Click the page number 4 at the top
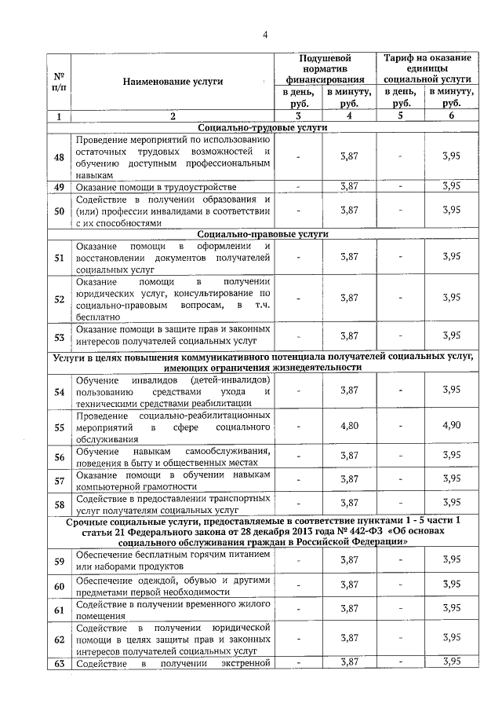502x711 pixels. (x=265, y=35)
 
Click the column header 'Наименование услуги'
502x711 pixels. (x=173, y=81)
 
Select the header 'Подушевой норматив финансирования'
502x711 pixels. (x=325, y=68)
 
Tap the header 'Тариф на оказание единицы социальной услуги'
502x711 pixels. (x=427, y=68)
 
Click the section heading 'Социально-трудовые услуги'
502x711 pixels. (x=263, y=127)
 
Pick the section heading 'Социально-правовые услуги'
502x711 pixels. (x=263, y=233)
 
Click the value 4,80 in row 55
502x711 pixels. (x=349, y=427)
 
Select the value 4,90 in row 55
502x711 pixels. (x=451, y=427)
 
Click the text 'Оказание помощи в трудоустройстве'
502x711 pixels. (x=156, y=187)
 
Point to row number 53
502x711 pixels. (x=59, y=336)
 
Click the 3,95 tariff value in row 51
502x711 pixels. (x=451, y=257)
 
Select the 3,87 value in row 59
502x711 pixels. (x=349, y=560)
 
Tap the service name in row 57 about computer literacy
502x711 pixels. (x=173, y=479)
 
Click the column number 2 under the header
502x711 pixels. (x=173, y=116)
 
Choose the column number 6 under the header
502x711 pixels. (x=451, y=116)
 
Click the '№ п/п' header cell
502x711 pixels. (x=59, y=81)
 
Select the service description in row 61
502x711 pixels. (x=173, y=609)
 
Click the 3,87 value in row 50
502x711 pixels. (x=349, y=211)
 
